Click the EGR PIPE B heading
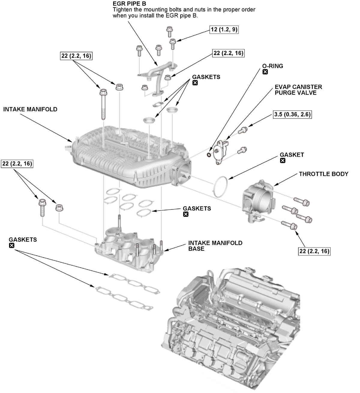(x=129, y=4)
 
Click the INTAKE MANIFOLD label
(x=30, y=109)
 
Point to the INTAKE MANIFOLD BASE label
(x=215, y=246)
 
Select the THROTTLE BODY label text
(x=323, y=174)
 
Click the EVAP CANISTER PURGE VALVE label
(x=298, y=90)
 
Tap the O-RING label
(x=272, y=66)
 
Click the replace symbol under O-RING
(x=265, y=72)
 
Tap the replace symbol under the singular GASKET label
(x=283, y=161)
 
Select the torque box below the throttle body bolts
(x=314, y=251)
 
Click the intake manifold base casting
(x=129, y=249)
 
